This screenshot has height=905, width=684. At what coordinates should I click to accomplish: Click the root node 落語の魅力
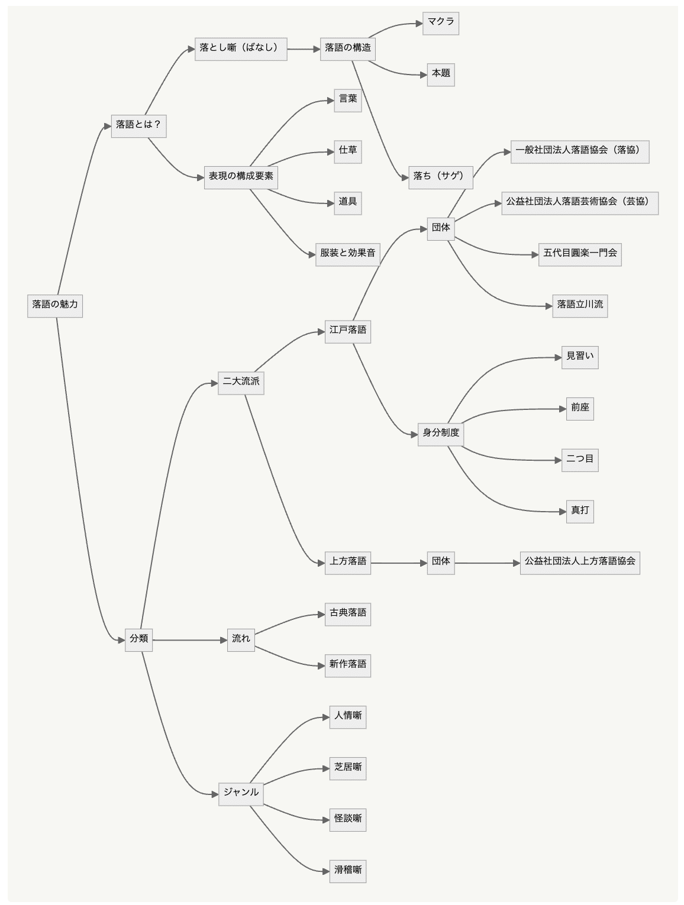click(55, 305)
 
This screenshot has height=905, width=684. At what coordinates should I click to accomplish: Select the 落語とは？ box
click(138, 125)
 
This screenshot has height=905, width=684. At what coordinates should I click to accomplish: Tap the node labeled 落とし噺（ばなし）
click(241, 49)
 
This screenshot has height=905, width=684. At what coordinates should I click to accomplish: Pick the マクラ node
click(441, 22)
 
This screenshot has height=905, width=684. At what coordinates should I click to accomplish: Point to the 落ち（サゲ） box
click(440, 176)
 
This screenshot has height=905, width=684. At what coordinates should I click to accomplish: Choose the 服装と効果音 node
click(348, 253)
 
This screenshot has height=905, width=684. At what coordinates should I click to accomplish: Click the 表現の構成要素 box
click(241, 176)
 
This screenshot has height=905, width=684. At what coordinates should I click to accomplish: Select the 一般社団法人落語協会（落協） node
click(580, 151)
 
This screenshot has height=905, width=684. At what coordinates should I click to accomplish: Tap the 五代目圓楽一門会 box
click(580, 253)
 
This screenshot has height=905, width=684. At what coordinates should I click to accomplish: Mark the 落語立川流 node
click(580, 305)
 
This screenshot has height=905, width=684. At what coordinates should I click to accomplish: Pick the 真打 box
click(580, 510)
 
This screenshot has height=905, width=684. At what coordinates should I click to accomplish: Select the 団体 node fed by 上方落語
click(441, 561)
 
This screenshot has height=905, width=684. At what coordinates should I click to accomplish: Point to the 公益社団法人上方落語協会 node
click(580, 561)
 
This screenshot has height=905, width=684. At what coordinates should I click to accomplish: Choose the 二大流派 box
click(241, 382)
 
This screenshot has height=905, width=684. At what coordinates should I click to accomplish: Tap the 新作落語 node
click(348, 664)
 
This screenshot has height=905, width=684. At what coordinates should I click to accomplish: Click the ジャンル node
click(241, 793)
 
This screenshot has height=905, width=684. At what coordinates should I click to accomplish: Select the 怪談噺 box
click(348, 819)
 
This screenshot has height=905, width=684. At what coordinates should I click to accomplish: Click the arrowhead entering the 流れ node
click(224, 639)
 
